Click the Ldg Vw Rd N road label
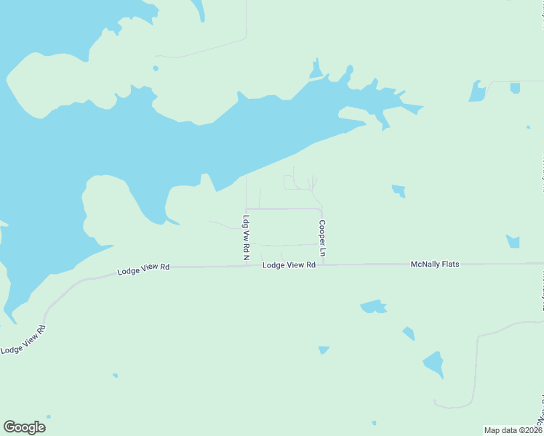pyautogui.click(x=246, y=238)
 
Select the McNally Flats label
pyautogui.click(x=435, y=265)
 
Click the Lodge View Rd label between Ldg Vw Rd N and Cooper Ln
pyautogui.click(x=289, y=265)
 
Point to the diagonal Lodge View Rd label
pyautogui.click(x=23, y=339)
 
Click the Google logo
pyautogui.click(x=24, y=427)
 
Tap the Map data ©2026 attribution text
pyautogui.click(x=513, y=430)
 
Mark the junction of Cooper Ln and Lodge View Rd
pyautogui.click(x=321, y=265)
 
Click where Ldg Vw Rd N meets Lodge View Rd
pyautogui.click(x=246, y=265)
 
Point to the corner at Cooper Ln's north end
pyautogui.click(x=321, y=209)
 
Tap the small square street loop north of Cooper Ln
pyautogui.click(x=292, y=182)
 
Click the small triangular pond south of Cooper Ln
pyautogui.click(x=323, y=350)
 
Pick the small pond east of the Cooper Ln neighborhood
pyautogui.click(x=399, y=191)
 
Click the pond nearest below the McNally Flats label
pyautogui.click(x=374, y=307)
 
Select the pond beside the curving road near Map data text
pyautogui.click(x=433, y=363)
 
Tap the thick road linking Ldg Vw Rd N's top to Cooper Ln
pyautogui.click(x=284, y=209)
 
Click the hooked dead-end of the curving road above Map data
pyautogui.click(x=436, y=404)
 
